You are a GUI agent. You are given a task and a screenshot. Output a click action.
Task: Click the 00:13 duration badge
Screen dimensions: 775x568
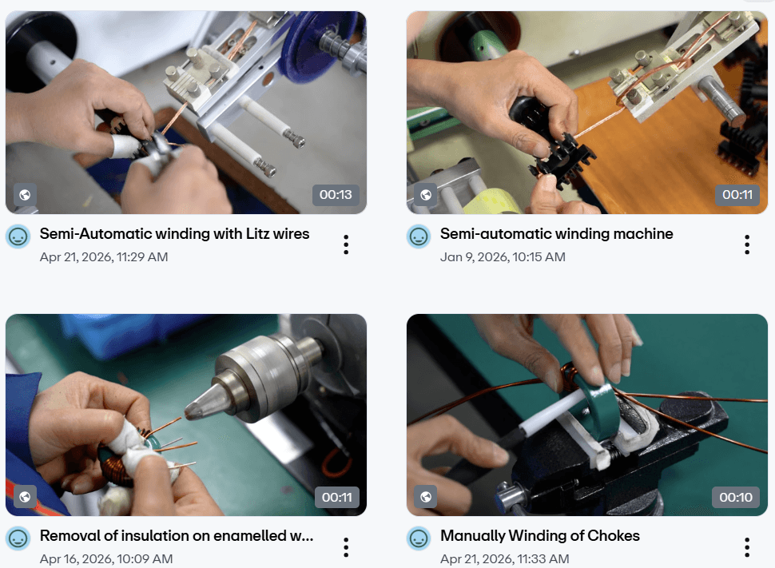336,195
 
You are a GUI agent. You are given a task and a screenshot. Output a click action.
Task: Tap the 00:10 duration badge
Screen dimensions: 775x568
736,498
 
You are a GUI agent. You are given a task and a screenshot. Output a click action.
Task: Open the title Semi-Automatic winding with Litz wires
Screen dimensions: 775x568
174,234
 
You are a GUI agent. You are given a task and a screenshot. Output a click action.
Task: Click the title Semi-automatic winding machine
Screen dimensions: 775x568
557,234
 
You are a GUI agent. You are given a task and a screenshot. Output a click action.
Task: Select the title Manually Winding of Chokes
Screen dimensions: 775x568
540,536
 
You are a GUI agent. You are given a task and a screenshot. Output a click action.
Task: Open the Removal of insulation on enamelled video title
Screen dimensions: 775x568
177,536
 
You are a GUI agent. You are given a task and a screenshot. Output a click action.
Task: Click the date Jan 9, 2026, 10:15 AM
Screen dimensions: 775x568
503,257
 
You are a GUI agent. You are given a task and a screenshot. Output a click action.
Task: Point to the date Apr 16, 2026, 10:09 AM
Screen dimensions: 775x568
106,559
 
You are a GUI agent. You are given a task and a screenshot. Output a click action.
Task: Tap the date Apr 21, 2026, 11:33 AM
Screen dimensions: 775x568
505,559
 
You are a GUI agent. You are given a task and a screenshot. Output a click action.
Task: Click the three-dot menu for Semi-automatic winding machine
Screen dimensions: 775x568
747,244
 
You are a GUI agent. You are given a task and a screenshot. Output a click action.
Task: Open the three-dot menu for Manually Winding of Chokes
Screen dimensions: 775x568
747,547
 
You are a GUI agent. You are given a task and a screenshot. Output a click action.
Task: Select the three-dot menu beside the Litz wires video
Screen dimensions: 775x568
346,244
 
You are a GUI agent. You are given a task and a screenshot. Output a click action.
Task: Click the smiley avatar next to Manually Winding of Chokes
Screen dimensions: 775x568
419,538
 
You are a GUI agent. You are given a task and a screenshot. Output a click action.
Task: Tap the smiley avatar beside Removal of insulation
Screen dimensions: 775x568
18,538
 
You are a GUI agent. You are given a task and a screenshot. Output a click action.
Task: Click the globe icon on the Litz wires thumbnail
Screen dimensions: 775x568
25,195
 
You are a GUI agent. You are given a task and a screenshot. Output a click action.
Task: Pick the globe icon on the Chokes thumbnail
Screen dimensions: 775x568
426,497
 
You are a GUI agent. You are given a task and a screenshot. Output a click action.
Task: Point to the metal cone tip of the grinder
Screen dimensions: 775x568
192,409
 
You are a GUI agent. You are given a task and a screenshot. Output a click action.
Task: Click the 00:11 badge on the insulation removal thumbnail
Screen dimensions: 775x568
337,498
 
